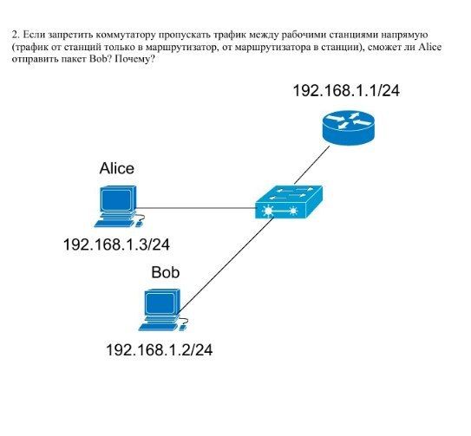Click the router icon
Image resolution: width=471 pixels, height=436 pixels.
point(349,128)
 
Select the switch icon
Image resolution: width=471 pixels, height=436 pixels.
point(289,202)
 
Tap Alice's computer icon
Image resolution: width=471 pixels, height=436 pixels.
point(119,206)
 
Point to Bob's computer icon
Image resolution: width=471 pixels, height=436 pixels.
point(163,310)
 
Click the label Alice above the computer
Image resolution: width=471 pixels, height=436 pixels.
point(117,168)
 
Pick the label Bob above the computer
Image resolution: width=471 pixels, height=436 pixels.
point(166,272)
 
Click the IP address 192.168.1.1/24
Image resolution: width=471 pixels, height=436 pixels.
point(346,90)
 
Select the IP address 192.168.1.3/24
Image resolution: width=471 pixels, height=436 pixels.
point(116,244)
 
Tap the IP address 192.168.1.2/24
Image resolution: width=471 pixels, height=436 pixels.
point(160,350)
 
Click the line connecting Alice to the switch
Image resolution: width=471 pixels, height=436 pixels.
point(196,208)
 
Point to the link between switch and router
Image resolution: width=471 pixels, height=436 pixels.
point(311,166)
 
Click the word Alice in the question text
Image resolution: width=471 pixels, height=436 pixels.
point(430,47)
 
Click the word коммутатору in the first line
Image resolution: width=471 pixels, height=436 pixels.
point(126,36)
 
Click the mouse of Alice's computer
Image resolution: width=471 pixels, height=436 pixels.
point(139,224)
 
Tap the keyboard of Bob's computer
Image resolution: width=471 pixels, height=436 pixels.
point(159,328)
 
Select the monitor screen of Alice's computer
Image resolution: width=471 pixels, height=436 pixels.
point(116,200)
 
